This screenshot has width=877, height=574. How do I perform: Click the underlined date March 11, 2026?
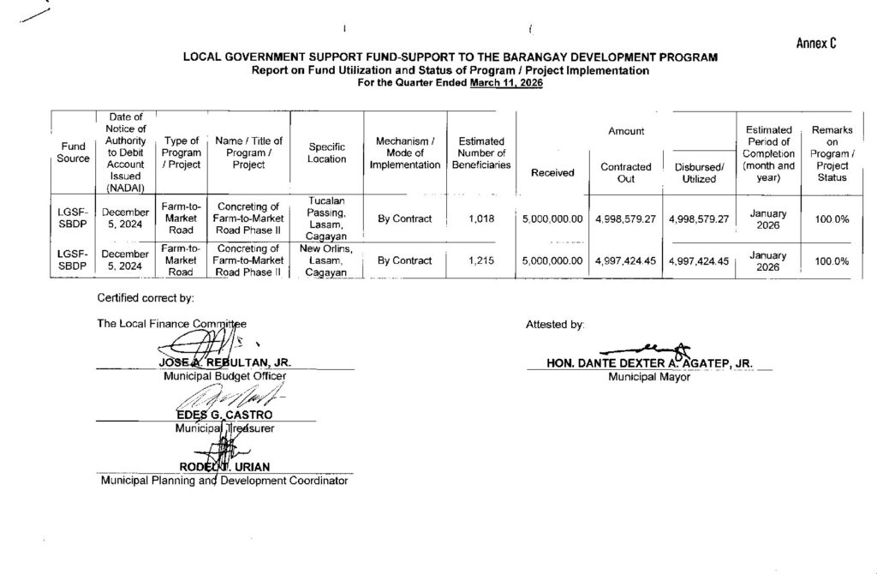(x=506, y=84)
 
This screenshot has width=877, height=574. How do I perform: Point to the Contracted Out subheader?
(x=625, y=172)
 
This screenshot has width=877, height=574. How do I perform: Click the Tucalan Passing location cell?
(x=326, y=218)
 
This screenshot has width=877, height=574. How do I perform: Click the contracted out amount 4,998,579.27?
(x=625, y=219)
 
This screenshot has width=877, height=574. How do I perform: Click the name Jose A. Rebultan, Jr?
(x=226, y=362)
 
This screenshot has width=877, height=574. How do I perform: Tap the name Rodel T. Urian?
(x=224, y=466)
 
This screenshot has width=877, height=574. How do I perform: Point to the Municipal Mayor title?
(x=648, y=375)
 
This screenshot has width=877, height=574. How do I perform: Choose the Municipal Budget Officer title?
(x=224, y=375)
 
